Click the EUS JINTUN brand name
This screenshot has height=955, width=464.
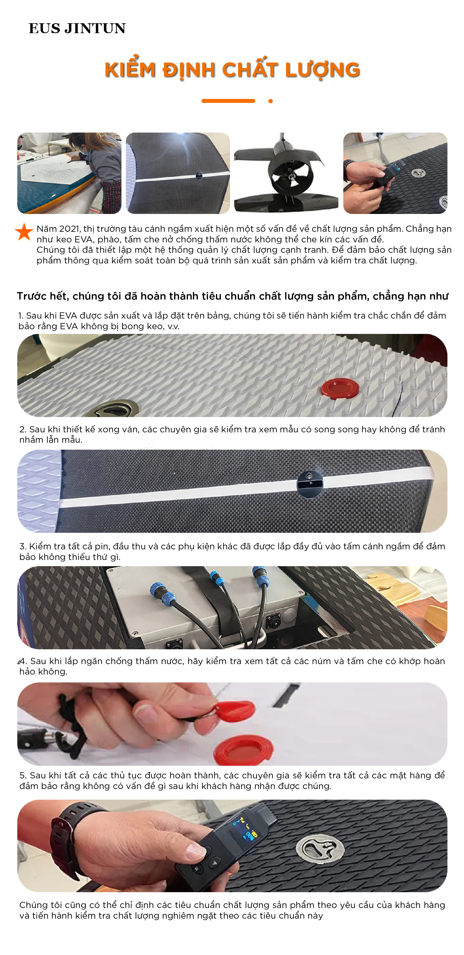coord(77,28)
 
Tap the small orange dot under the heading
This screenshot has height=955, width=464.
coord(271,101)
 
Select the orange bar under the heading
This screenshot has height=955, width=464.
coord(228,101)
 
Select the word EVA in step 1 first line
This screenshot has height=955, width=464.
coord(68,316)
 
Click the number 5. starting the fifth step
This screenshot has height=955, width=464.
coord(23,776)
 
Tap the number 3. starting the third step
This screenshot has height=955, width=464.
coord(23,546)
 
